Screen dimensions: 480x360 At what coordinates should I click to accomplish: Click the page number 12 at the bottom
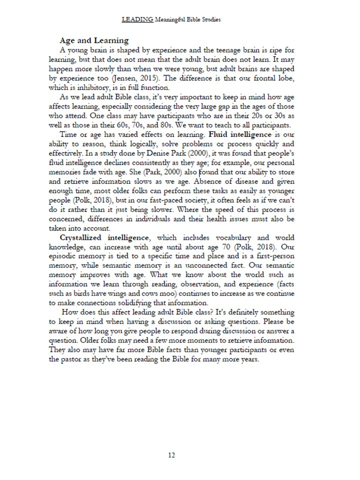click(x=171, y=455)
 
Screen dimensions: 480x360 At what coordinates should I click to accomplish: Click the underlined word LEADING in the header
click(x=137, y=20)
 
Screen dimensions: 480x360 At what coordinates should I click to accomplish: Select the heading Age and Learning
click(x=94, y=40)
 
